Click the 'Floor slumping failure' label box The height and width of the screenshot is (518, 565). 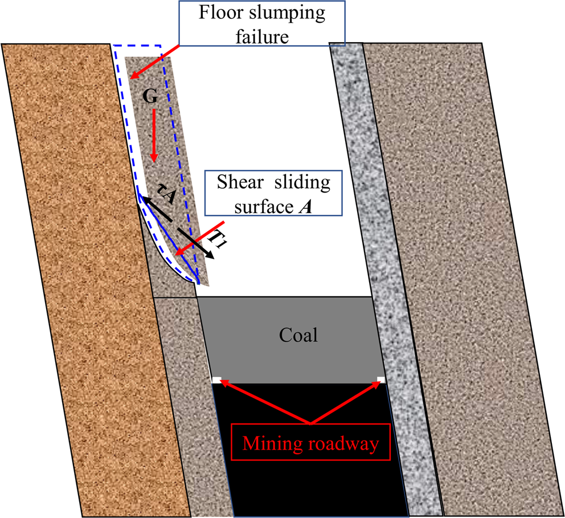point(263,22)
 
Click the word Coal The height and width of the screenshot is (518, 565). point(298,335)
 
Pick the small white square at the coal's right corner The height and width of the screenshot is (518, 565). point(381,379)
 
